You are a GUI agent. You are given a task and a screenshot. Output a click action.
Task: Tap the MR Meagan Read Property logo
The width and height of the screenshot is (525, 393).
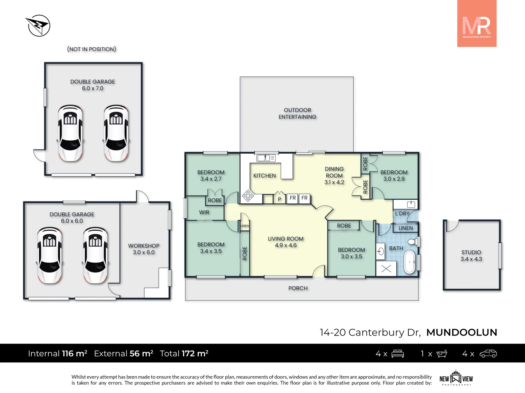coord(477,24)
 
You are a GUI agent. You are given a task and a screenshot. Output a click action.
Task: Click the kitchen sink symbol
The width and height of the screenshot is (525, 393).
coord(266,158)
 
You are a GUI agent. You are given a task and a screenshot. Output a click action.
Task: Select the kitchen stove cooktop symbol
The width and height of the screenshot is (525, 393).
coord(248,196)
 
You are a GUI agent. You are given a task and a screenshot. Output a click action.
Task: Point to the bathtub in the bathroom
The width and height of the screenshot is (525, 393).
coord(409,262)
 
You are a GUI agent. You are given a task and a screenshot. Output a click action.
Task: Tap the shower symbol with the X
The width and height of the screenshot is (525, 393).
coord(386,269)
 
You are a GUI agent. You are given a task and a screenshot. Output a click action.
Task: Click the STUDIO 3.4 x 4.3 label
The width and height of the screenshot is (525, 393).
coord(471,256)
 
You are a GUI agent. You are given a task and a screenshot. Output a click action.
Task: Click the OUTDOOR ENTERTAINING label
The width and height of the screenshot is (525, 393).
coord(297,113)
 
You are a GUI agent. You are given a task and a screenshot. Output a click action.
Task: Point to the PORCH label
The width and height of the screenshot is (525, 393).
coord(298,288)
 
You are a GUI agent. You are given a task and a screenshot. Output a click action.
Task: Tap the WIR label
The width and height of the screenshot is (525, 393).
coord(204,213)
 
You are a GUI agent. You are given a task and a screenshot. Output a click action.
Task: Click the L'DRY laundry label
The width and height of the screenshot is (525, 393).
coord(402,214)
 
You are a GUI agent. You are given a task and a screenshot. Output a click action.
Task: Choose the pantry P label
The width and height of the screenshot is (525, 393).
coord(279,199)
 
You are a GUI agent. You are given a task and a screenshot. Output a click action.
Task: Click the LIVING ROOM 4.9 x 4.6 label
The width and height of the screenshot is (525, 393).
coord(285,242)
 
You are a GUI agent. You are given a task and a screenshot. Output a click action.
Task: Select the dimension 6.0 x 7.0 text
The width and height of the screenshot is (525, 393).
coord(93,88)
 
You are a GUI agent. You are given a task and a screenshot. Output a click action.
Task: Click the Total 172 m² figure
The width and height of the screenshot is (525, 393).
coord(184,353)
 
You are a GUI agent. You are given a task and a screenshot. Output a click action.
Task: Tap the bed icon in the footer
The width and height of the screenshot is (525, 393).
coord(397,354)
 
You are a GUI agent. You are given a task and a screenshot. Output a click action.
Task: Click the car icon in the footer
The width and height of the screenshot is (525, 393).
coord(488,354)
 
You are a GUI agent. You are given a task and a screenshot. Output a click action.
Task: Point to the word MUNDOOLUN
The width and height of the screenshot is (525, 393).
coord(462,332)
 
